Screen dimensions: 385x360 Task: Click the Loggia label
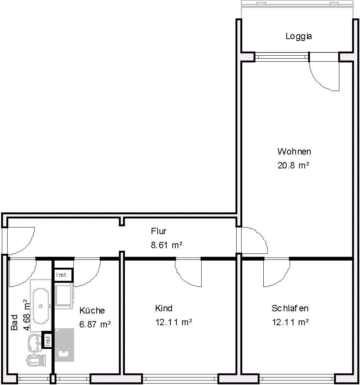pyautogui.click(x=299, y=36)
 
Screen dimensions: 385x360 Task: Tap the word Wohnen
pyautogui.click(x=294, y=152)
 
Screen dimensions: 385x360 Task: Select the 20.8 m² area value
pyautogui.click(x=293, y=165)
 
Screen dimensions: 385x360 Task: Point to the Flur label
pyautogui.click(x=158, y=231)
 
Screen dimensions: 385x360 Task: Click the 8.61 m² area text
pyautogui.click(x=166, y=245)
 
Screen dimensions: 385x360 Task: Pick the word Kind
pyautogui.click(x=164, y=308)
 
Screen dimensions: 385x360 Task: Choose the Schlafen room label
pyautogui.click(x=290, y=308)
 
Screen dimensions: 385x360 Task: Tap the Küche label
pyautogui.click(x=92, y=311)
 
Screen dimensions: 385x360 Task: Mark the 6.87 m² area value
pyautogui.click(x=95, y=324)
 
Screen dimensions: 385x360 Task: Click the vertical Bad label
pyautogui.click(x=15, y=322)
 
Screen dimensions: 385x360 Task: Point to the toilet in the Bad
pyautogui.click(x=36, y=360)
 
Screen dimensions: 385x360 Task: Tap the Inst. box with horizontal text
pyautogui.click(x=62, y=275)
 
